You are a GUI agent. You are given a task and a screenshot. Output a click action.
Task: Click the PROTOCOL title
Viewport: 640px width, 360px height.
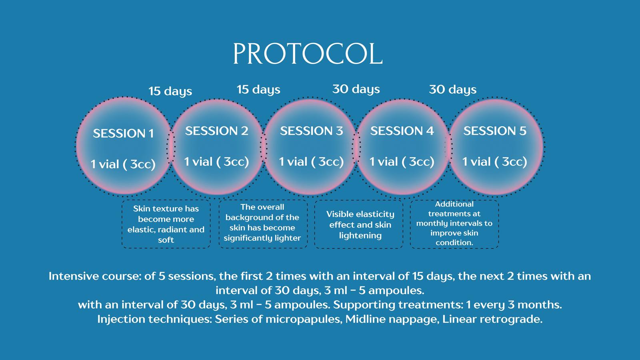308,54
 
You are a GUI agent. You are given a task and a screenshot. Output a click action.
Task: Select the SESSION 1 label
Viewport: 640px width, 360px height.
124,134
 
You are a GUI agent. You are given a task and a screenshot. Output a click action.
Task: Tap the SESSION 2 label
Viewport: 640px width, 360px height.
216,131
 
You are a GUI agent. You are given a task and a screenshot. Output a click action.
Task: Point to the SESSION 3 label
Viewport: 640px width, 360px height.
312,131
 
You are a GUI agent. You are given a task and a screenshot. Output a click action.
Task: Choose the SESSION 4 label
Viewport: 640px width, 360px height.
402,131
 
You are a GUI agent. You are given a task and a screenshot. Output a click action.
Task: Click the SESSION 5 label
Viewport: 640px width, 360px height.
495,131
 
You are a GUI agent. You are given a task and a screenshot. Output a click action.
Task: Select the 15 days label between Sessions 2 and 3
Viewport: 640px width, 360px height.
258,90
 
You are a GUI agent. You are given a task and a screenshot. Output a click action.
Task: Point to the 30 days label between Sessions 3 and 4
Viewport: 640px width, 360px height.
356,89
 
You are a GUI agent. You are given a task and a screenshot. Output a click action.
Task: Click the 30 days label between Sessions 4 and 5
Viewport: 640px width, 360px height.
453,90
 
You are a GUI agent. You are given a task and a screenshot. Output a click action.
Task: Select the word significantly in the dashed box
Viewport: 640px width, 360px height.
248,238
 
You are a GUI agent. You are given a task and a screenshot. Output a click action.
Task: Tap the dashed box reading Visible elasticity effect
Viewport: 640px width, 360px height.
359,224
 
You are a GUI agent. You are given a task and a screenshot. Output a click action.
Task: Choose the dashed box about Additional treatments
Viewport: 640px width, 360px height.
454,224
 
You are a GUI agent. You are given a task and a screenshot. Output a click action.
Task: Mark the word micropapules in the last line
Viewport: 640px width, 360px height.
304,319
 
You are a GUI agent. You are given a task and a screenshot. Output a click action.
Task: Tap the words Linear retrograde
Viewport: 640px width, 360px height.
492,319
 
